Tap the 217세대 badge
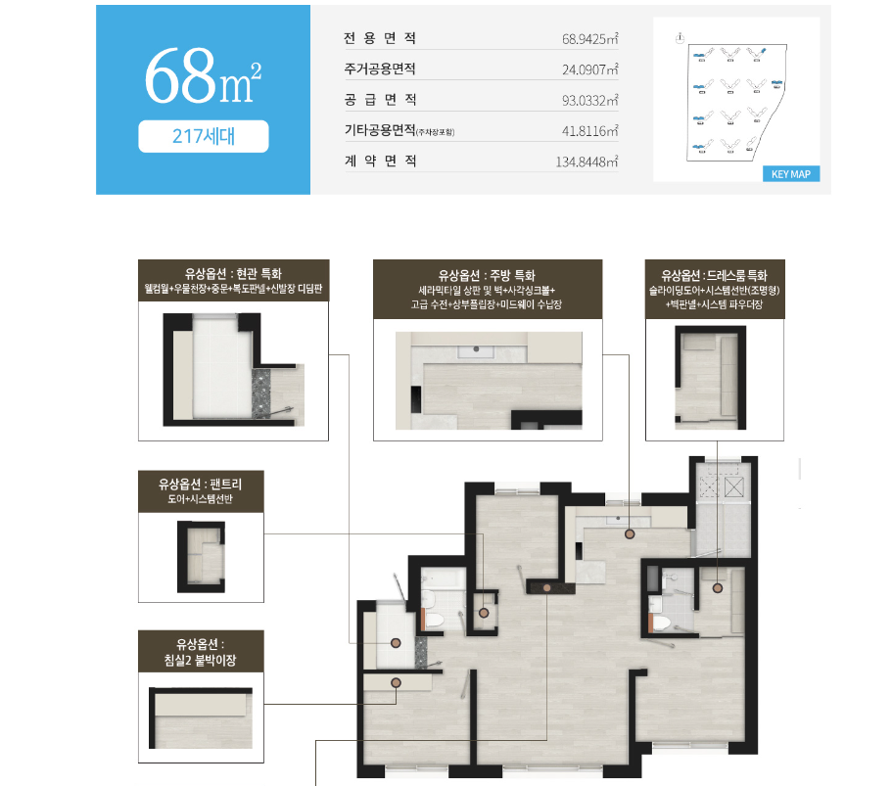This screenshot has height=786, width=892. point(203,136)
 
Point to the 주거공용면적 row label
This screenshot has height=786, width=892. point(380,69)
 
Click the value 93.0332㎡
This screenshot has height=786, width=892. point(590,100)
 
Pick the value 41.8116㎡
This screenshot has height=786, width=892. point(590,130)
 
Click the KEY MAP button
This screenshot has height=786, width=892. point(791,174)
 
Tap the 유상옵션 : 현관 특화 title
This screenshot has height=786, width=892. point(234,274)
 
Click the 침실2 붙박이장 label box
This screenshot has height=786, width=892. point(201,652)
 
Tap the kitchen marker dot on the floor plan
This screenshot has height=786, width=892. point(629,533)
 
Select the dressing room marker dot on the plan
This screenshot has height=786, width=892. point(718,588)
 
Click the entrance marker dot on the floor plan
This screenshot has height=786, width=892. point(397,642)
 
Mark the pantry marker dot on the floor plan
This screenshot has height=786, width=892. point(484,613)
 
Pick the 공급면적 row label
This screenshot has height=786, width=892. point(380,100)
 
